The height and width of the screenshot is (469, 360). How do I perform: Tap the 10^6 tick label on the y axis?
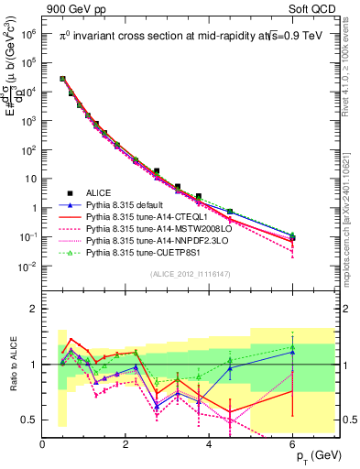pyautogui.click(x=27, y=33)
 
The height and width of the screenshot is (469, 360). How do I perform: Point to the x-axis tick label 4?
pyautogui.click(x=210, y=445)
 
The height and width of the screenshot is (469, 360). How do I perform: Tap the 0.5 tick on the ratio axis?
pyautogui.click(x=30, y=420)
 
